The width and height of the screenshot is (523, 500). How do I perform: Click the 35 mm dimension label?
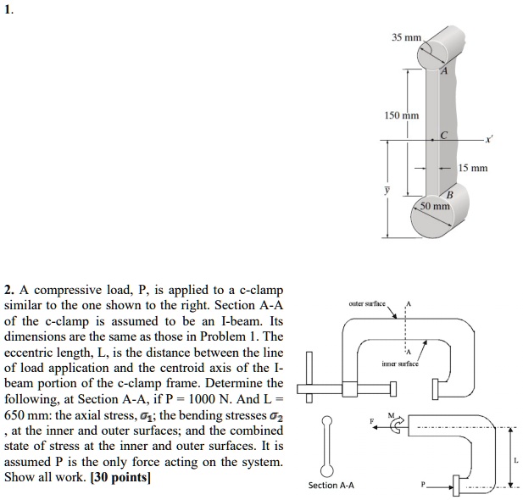point(406,38)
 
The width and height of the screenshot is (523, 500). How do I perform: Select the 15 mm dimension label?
point(472,168)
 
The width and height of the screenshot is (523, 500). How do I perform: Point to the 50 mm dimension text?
point(436,206)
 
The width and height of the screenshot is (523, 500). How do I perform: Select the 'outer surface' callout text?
point(366,303)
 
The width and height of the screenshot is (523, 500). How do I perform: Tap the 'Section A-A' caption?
point(331,485)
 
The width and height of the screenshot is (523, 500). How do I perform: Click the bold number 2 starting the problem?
point(8,291)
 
